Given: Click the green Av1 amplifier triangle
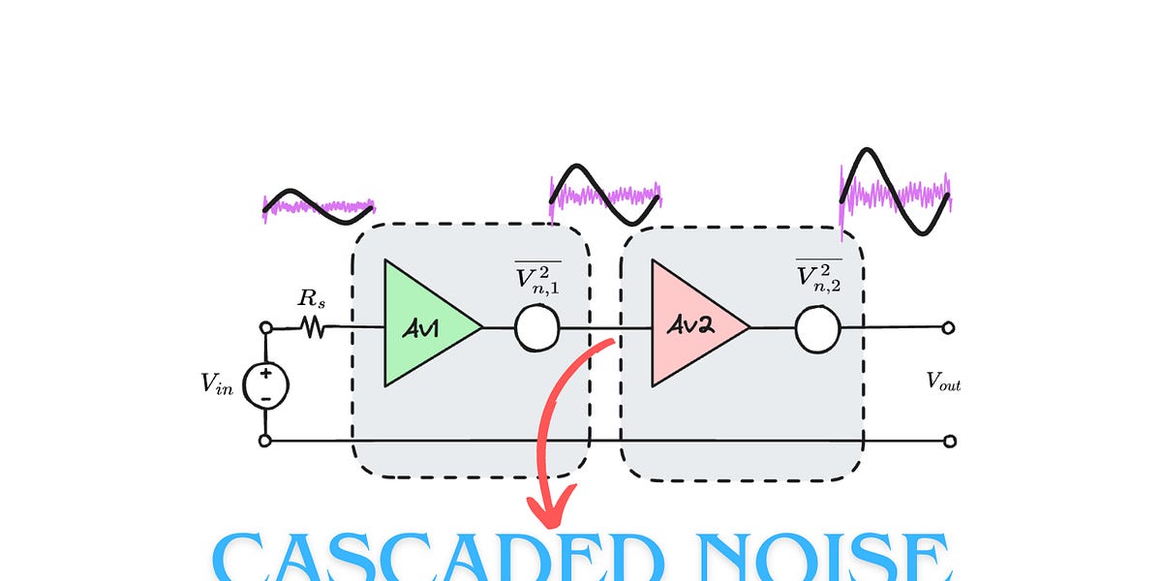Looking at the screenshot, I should [x=421, y=323].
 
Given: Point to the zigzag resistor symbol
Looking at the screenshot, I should [x=312, y=328].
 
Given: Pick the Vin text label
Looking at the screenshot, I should [x=216, y=383].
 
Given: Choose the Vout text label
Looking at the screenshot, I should [x=943, y=383].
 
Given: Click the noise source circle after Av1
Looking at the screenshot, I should [x=538, y=328].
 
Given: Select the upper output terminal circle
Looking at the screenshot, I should [x=950, y=328].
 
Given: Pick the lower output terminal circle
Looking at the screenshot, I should [x=950, y=442].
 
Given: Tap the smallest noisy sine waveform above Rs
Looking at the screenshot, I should [x=318, y=206].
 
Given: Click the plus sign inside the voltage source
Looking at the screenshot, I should [x=264, y=374].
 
